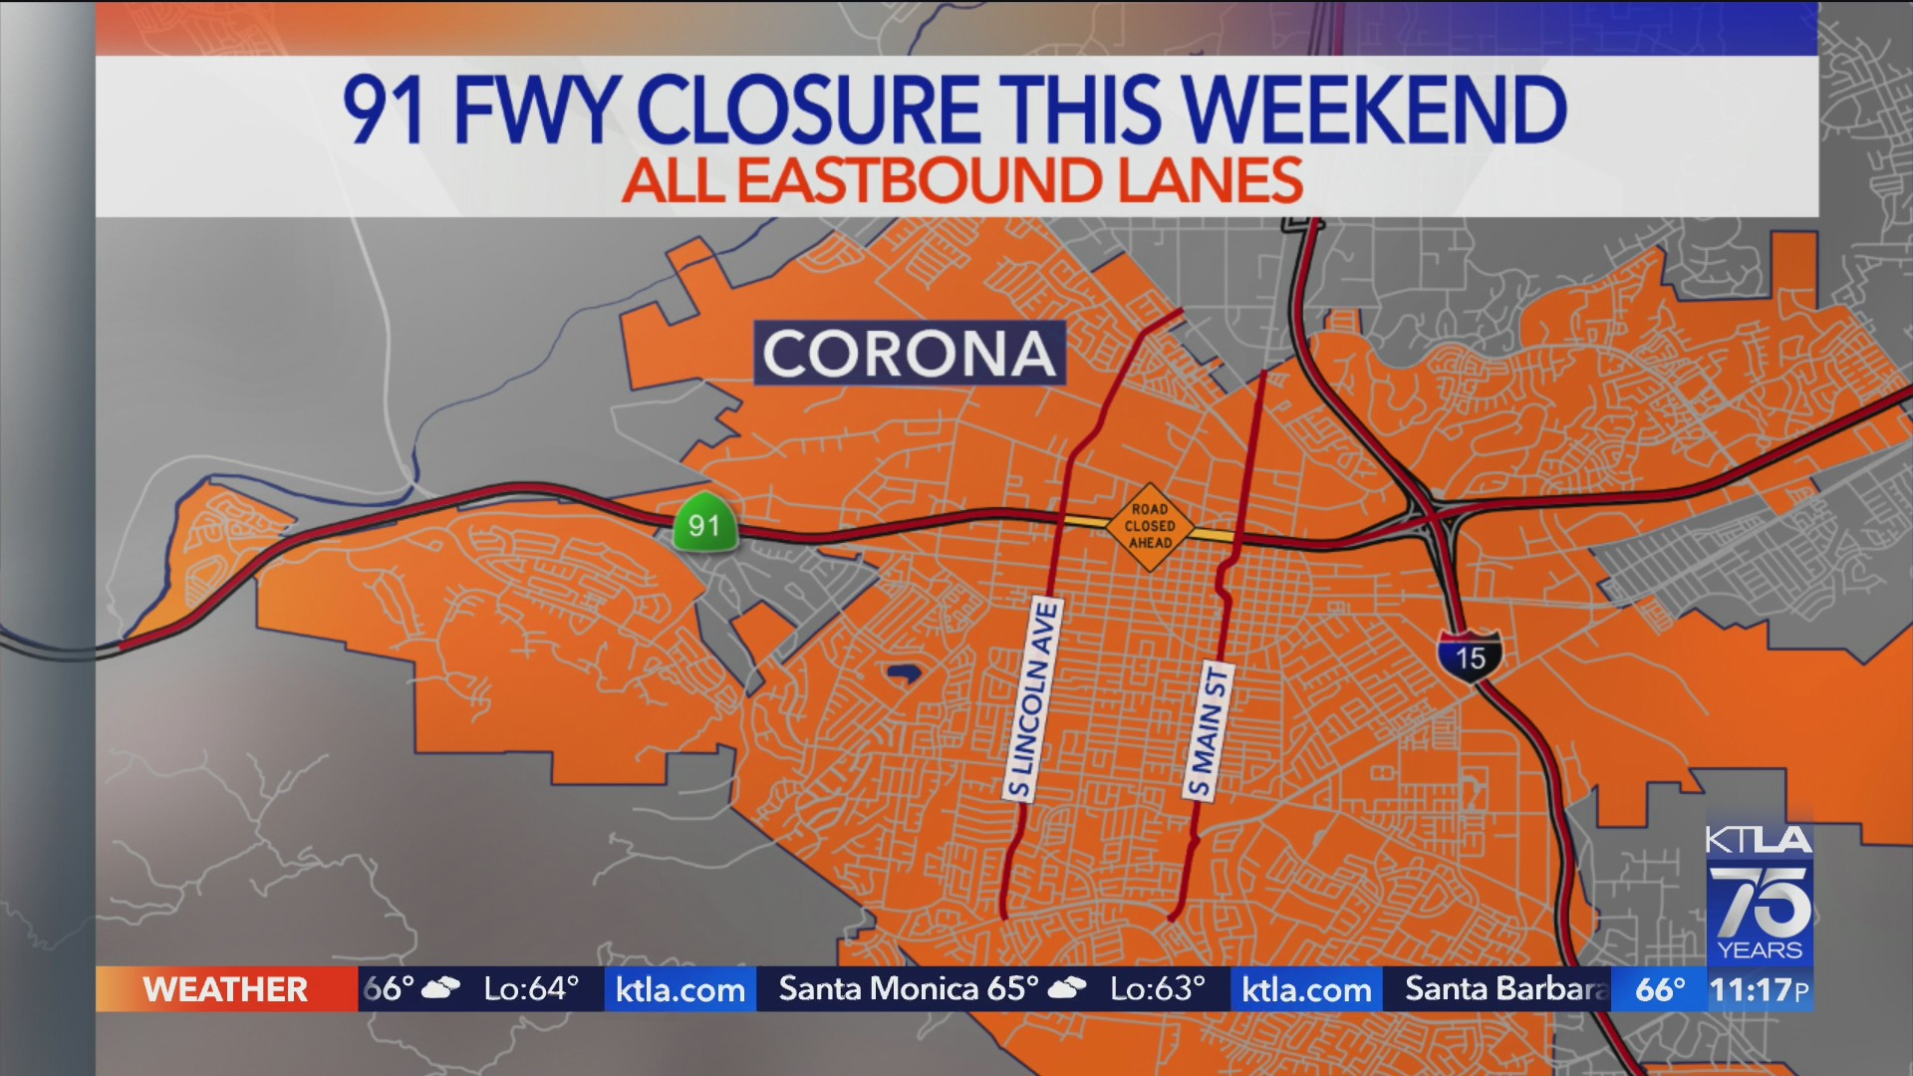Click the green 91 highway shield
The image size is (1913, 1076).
point(704,522)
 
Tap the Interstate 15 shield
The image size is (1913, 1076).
point(1470,656)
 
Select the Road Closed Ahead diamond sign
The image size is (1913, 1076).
point(1150,526)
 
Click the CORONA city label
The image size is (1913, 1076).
point(909,353)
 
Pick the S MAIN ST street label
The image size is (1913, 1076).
point(1209,730)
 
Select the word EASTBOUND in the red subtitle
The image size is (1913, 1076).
point(919,181)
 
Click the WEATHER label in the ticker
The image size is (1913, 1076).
point(225,989)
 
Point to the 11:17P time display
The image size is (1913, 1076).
point(1759,989)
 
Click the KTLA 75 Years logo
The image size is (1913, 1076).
point(1759,894)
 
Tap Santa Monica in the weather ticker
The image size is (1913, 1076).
point(878,988)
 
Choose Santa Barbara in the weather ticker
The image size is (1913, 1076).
point(1504,988)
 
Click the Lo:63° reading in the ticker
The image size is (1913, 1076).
point(1157,988)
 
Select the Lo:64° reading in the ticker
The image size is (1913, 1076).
point(530,988)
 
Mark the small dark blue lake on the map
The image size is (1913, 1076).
point(903,674)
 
